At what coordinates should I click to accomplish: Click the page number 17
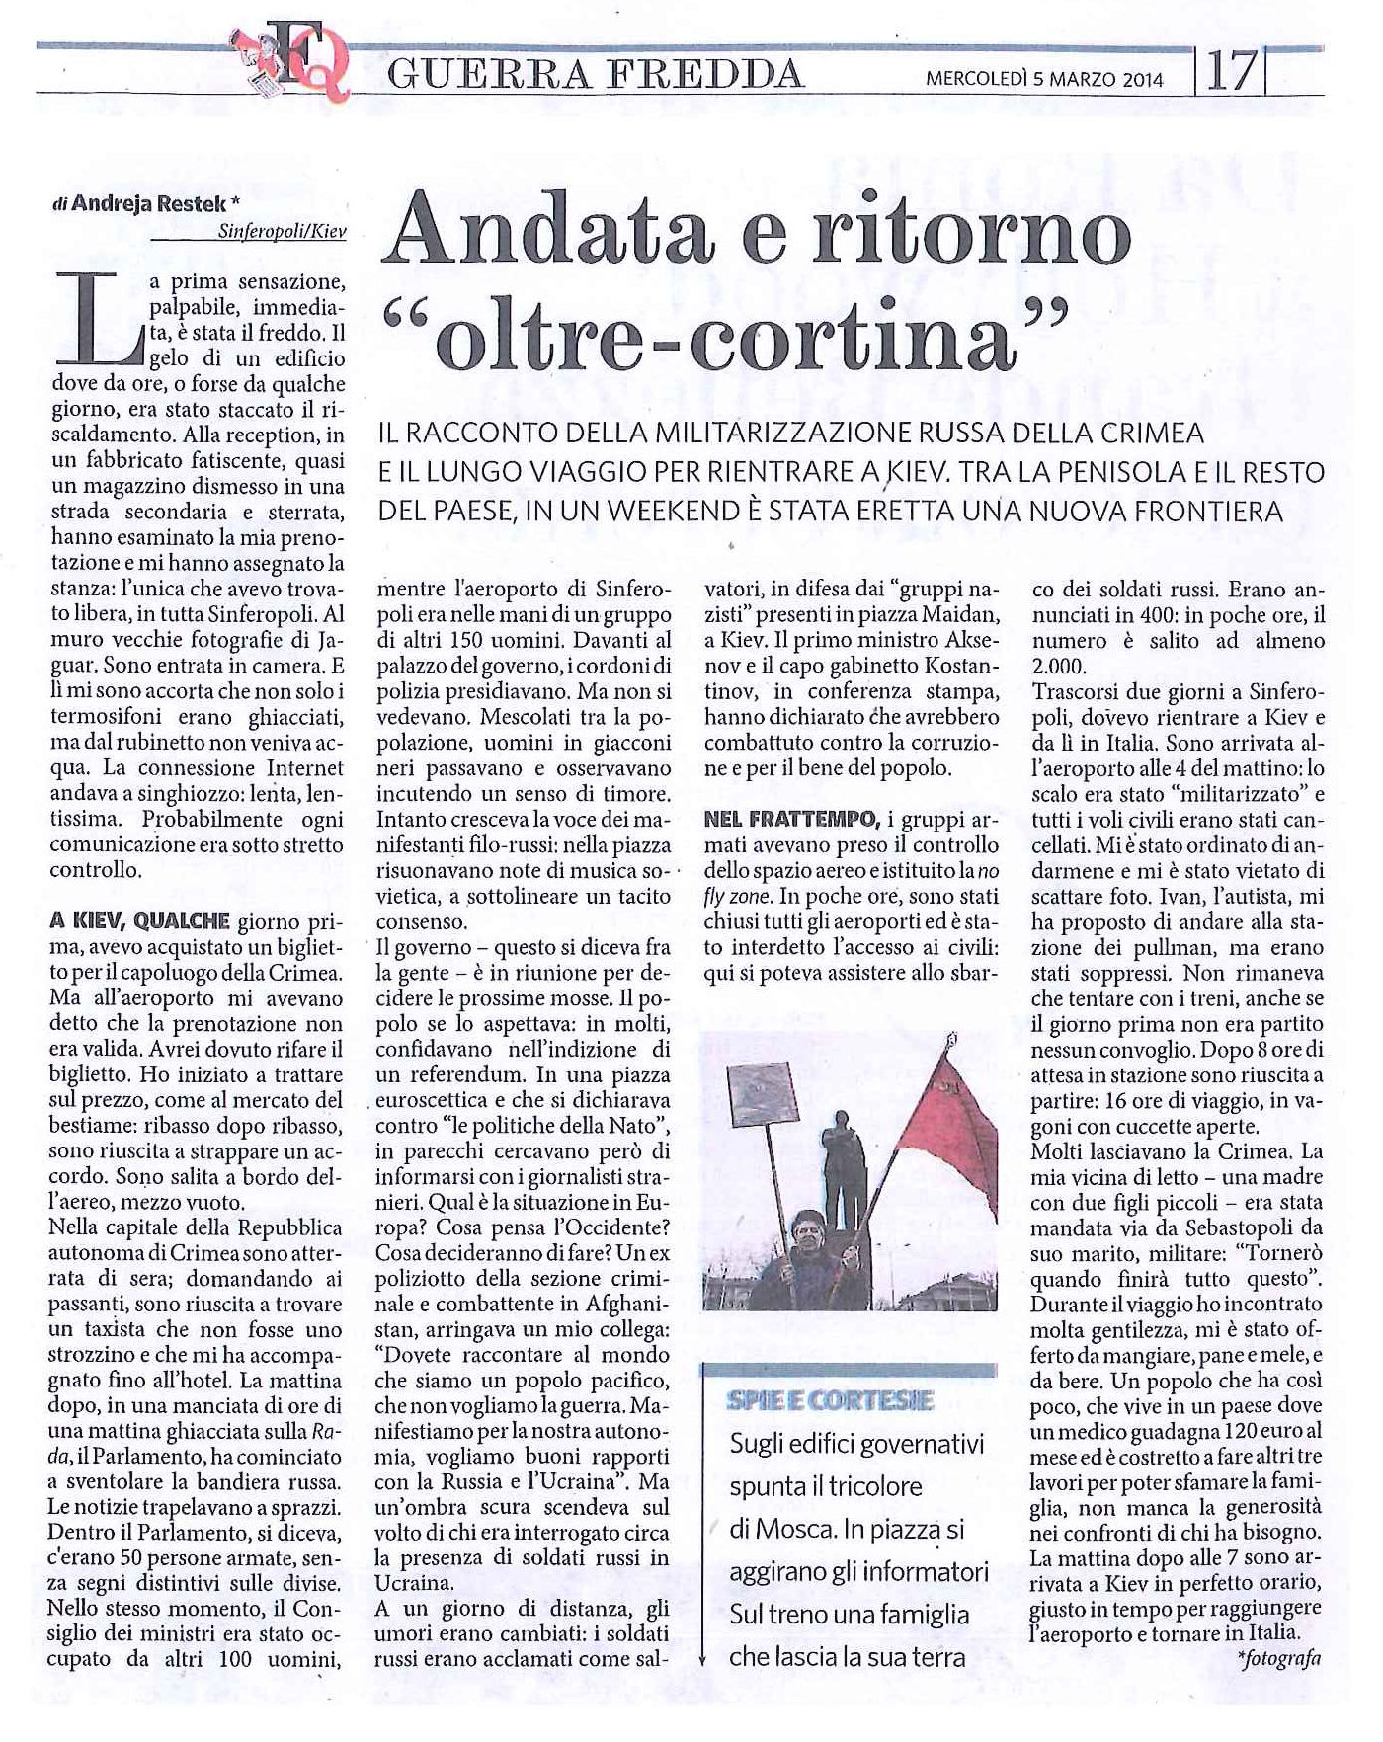pos(1230,72)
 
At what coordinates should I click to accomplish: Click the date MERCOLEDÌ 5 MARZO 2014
pos(1044,80)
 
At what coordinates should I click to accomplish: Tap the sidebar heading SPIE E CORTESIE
pos(816,1400)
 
